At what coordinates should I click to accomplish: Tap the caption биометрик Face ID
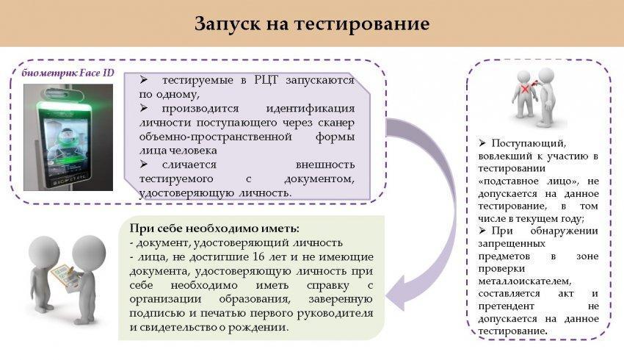[x=68, y=73]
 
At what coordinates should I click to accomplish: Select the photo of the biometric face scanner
[x=68, y=137]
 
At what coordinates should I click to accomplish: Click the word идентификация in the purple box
[x=310, y=108]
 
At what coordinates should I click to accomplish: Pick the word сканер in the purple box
[x=336, y=123]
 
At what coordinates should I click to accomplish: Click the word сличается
[x=189, y=165]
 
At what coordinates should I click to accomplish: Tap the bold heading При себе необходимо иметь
[x=214, y=228]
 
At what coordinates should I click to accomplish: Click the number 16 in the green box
[x=258, y=257]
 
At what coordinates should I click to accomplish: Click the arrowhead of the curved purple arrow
[x=396, y=292]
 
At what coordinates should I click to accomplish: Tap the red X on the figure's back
[x=526, y=89]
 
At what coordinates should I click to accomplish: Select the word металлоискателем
[x=524, y=281]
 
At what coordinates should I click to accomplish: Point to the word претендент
[x=506, y=306]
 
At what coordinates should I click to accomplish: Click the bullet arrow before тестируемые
[x=144, y=79]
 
